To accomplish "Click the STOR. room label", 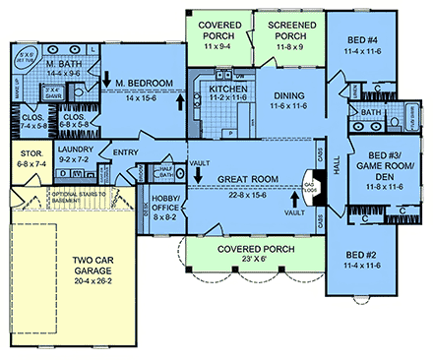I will (27, 153).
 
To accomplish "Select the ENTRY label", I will (125, 152).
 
